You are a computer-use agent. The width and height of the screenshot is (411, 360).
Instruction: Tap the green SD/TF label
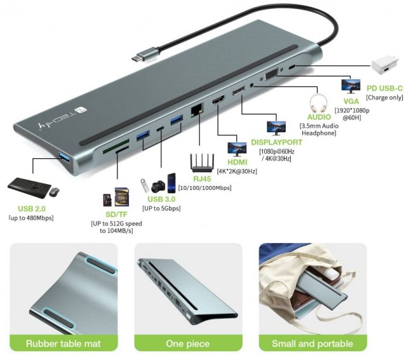click(x=116, y=214)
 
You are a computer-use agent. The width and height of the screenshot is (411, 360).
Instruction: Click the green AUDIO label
click(x=319, y=117)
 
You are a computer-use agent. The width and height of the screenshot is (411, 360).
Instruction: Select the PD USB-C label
click(x=384, y=87)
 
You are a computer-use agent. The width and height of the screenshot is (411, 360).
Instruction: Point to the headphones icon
click(x=319, y=102)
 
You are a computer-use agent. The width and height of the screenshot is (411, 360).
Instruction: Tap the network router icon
click(x=204, y=163)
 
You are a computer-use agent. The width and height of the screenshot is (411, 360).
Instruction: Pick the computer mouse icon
click(x=54, y=190)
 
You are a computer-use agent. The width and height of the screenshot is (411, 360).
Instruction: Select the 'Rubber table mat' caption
click(x=63, y=344)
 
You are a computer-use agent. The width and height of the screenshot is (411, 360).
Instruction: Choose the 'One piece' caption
click(x=188, y=344)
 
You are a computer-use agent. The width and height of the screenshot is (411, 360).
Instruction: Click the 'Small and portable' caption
click(x=312, y=344)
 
